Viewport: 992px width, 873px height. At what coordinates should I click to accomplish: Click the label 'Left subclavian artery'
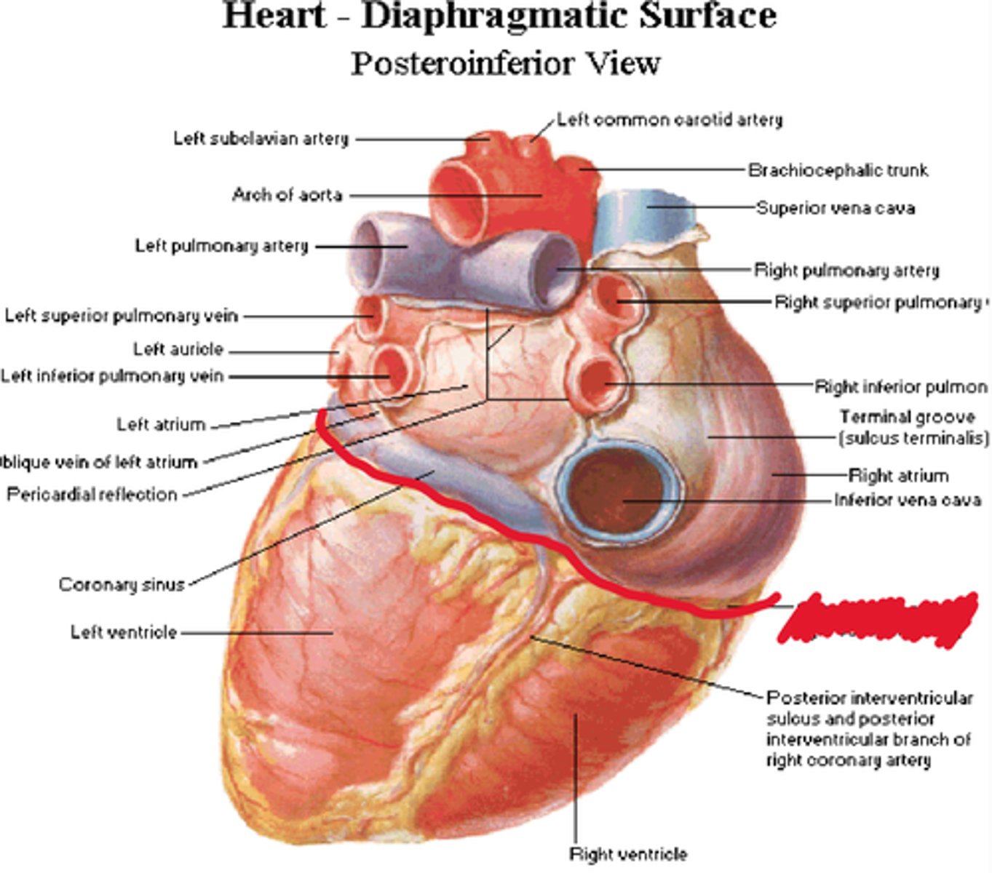261,138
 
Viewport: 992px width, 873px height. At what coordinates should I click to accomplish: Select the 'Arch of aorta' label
287,195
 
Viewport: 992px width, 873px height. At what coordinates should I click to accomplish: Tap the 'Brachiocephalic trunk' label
838,170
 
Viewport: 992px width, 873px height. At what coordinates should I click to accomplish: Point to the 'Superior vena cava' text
836,208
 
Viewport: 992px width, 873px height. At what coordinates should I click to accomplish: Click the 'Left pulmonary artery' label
221,246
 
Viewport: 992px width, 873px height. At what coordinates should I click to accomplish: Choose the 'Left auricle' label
178,349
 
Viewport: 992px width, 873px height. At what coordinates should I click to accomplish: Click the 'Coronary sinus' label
122,585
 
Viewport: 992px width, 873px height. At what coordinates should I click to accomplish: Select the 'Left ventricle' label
123,631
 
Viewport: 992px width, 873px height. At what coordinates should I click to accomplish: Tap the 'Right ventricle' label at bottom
627,853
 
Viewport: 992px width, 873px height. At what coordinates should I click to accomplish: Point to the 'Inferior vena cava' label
907,500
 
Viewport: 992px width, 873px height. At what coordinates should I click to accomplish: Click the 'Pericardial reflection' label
92,495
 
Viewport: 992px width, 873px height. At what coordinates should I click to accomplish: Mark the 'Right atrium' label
898,476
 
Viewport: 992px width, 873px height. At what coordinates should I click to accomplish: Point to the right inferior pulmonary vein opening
598,378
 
